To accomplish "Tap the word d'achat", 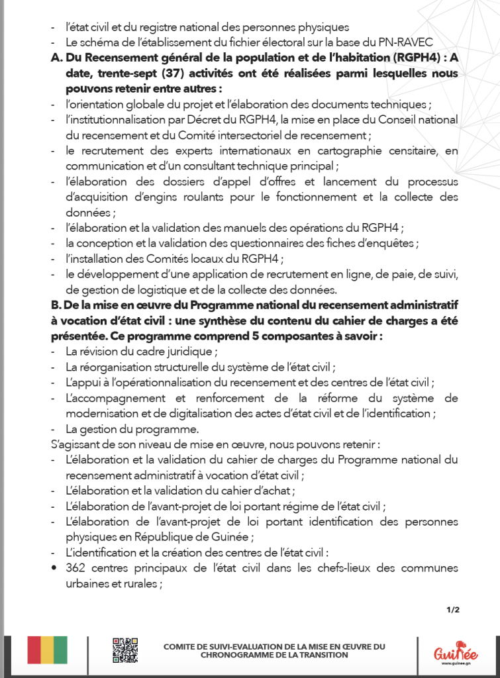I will [274, 491].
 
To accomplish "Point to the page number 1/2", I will [453, 610].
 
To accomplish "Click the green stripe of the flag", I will [61, 650].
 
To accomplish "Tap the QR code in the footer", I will [125, 650].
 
